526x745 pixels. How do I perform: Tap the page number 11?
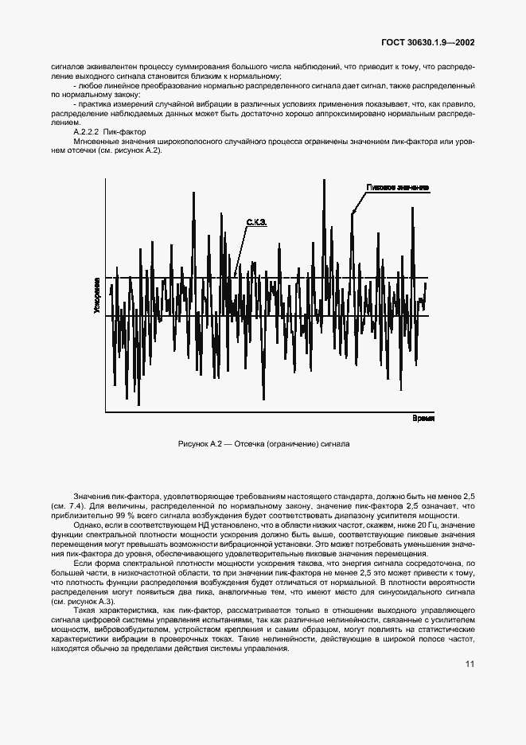pyautogui.click(x=470, y=685)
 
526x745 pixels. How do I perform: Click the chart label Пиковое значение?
pyautogui.click(x=398, y=187)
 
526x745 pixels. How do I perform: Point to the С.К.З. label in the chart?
pyautogui.click(x=255, y=224)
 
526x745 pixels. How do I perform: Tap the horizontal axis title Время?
pyautogui.click(x=423, y=418)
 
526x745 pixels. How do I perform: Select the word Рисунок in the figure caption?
pyautogui.click(x=191, y=443)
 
